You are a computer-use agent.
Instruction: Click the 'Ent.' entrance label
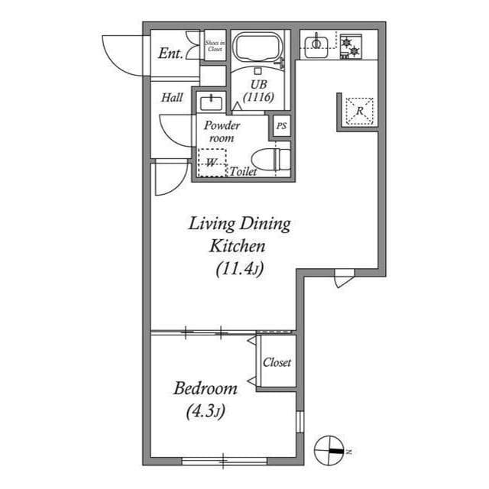pyautogui.click(x=170, y=53)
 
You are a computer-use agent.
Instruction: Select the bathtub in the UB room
pyautogui.click(x=258, y=49)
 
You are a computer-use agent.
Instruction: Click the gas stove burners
pyautogui.click(x=351, y=47)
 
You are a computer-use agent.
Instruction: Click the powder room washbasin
pyautogui.click(x=209, y=102)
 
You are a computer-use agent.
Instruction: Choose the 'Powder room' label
pyautogui.click(x=222, y=131)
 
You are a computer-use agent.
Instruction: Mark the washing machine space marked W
pyautogui.click(x=212, y=162)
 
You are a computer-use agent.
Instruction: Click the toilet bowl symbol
pyautogui.click(x=271, y=160)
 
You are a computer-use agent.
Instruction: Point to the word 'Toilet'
pyautogui.click(x=244, y=173)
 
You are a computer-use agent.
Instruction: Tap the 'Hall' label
pyautogui.click(x=172, y=98)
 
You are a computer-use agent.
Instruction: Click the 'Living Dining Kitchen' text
pyautogui.click(x=239, y=235)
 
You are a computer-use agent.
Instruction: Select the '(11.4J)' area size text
pyautogui.click(x=239, y=269)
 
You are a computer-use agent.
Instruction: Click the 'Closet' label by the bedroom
pyautogui.click(x=277, y=362)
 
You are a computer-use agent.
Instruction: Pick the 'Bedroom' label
pyautogui.click(x=205, y=388)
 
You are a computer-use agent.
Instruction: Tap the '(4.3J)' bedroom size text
pyautogui.click(x=205, y=413)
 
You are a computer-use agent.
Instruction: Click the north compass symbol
pyautogui.click(x=330, y=449)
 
